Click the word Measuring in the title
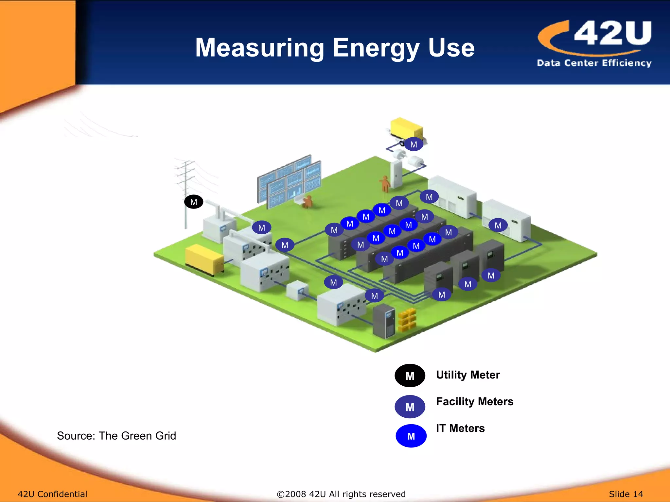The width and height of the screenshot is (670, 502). pyautogui.click(x=259, y=48)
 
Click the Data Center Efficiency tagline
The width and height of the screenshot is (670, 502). pyautogui.click(x=594, y=63)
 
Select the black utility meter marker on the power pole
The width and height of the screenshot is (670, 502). pyautogui.click(x=194, y=202)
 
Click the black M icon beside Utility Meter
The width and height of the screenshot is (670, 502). pyautogui.click(x=410, y=376)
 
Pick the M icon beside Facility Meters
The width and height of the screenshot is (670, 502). pyautogui.click(x=410, y=407)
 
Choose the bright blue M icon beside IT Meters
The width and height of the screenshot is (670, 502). pyautogui.click(x=411, y=436)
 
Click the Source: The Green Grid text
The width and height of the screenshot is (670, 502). pyautogui.click(x=116, y=436)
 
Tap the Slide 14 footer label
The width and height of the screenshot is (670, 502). pyautogui.click(x=626, y=494)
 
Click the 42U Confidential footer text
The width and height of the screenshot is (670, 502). pyautogui.click(x=52, y=494)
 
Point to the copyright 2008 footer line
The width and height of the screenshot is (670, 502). pyautogui.click(x=341, y=494)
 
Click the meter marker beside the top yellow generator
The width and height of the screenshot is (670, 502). pyautogui.click(x=414, y=144)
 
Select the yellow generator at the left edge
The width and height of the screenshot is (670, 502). pyautogui.click(x=203, y=259)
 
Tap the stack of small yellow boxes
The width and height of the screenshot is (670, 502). pyautogui.click(x=407, y=319)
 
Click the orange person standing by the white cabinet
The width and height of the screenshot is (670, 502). pyautogui.click(x=385, y=184)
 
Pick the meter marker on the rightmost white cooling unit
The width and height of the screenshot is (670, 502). pyautogui.click(x=498, y=226)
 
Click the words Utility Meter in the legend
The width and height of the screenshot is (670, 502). pyautogui.click(x=468, y=375)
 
